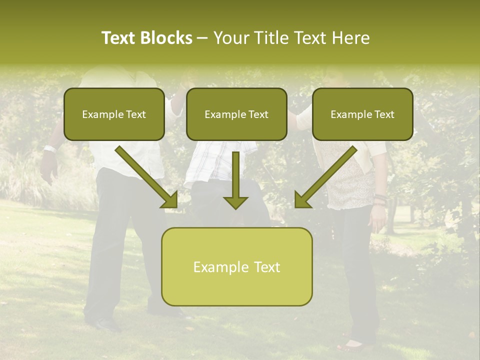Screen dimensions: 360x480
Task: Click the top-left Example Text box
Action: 114,114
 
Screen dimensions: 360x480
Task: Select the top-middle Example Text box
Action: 236,114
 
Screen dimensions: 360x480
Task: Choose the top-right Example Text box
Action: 362,114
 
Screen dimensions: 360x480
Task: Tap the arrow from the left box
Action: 147,178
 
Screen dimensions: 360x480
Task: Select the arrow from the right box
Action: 325,178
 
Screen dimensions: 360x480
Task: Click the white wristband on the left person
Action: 49,148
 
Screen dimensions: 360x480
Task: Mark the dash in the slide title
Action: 202,38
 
